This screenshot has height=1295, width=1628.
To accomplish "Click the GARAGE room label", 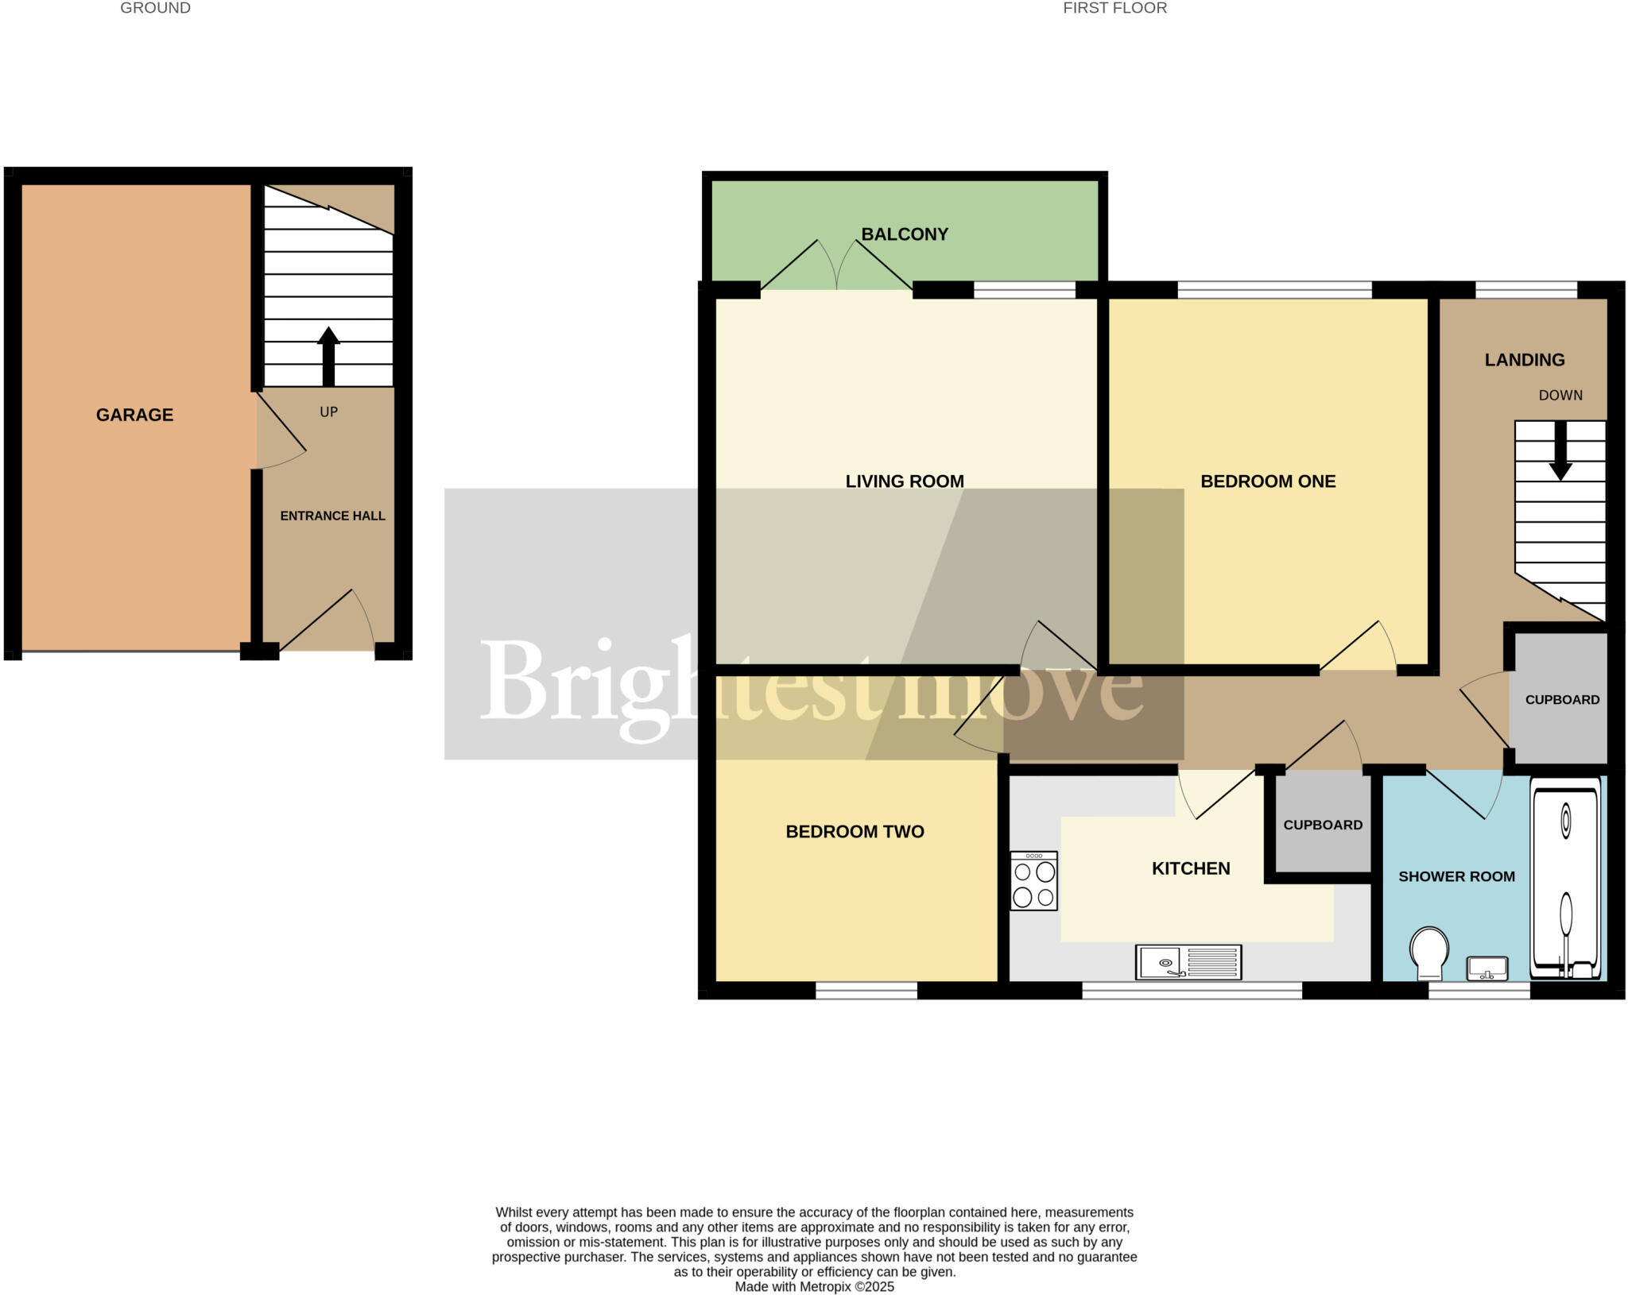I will coord(134,415).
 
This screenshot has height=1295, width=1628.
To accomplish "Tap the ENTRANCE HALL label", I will coord(332,516).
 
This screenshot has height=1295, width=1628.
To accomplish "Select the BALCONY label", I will coord(905,234).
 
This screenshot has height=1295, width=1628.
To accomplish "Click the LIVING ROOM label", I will coord(905,481).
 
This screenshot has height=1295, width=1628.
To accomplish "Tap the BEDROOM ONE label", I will coord(1268,481).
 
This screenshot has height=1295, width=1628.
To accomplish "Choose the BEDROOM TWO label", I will coord(855,832).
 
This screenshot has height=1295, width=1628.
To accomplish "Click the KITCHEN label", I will coord(1191,868).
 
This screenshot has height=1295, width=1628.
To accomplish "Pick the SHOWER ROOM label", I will coord(1456,876).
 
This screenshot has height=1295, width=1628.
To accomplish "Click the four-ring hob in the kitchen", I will coord(1034,881).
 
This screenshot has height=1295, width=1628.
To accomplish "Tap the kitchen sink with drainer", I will coord(1188,962).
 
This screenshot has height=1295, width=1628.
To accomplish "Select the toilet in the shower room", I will coord(1428,953).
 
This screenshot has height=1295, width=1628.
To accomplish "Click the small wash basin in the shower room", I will coord(1487,968).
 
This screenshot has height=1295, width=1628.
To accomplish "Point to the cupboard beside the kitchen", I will coord(1323,825).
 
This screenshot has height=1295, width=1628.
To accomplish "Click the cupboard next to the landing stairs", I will coord(1561,699).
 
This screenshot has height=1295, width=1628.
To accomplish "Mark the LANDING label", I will coord(1525,360).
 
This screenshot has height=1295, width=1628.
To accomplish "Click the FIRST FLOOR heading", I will coord(1114,8).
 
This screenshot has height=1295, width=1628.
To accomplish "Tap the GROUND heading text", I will coord(155,8).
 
